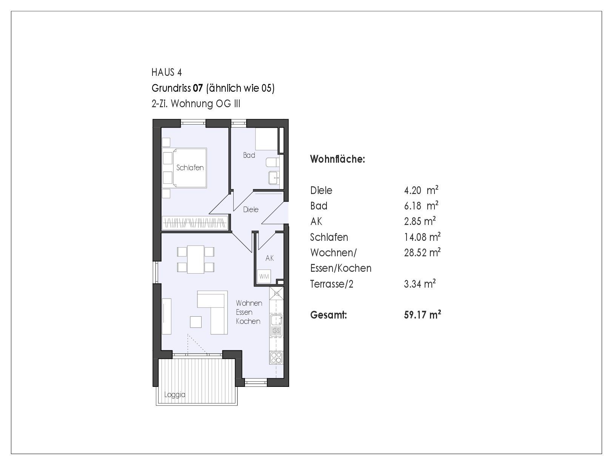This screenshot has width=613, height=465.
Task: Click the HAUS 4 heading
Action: click(x=166, y=72)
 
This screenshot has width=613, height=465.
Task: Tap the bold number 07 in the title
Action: click(x=198, y=88)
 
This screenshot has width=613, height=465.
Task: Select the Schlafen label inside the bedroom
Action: click(x=190, y=168)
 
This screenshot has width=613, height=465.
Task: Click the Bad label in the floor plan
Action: click(x=249, y=155)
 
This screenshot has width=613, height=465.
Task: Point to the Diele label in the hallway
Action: click(x=251, y=209)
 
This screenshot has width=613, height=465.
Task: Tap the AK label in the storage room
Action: click(x=270, y=258)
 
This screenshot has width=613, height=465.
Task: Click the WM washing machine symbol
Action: click(x=264, y=277)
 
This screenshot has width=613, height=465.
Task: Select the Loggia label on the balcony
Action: click(x=174, y=395)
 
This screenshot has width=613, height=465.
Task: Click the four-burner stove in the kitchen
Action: click(x=276, y=358)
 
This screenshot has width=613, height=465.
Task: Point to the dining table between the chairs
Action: click(x=196, y=259)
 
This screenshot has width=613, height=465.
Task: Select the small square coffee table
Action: click(x=196, y=322)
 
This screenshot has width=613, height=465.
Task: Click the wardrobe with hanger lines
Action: click(x=195, y=223)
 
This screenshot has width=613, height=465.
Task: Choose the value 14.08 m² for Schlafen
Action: click(x=422, y=237)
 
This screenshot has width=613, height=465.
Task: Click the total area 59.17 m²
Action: click(x=422, y=315)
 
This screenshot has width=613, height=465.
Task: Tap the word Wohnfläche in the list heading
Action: click(x=337, y=159)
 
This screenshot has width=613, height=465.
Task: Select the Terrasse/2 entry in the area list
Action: click(x=332, y=284)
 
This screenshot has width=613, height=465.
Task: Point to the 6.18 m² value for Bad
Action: click(x=421, y=206)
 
